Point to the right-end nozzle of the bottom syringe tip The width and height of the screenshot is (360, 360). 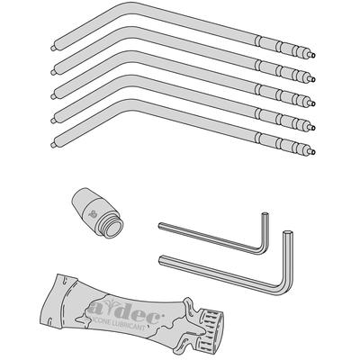pyautogui.click(x=311, y=154)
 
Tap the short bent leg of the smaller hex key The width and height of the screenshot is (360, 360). pyautogui.click(x=265, y=230)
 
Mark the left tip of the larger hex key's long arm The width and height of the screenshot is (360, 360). pyautogui.click(x=162, y=259)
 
